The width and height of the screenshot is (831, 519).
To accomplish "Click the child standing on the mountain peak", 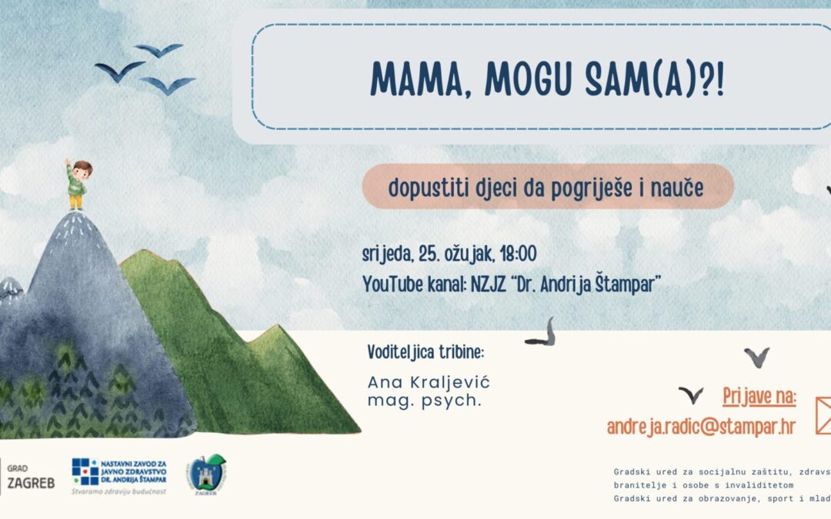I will point(76,185).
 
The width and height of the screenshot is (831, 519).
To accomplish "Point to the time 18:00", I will point(518,255).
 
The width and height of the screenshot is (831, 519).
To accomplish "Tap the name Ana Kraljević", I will point(429,382).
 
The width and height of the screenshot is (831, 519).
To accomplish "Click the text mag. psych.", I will point(425,401).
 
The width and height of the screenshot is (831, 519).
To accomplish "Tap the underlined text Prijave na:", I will point(759,397).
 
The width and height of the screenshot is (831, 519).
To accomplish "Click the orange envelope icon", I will point(822,415).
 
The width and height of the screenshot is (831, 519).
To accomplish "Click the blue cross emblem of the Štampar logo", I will point(84,471).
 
